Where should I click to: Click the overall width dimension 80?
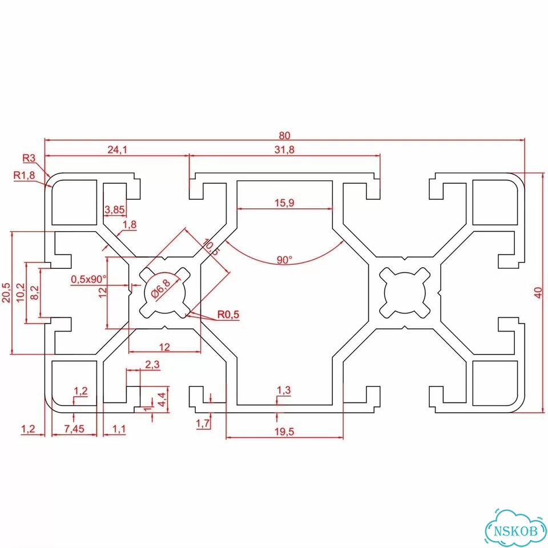(x=284, y=135)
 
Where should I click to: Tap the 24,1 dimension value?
(x=117, y=150)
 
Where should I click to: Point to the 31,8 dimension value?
(x=284, y=150)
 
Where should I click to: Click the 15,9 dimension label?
(x=284, y=203)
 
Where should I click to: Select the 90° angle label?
(x=284, y=260)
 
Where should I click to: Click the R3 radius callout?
(x=29, y=158)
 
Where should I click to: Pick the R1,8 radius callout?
(x=24, y=175)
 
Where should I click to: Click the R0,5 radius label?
(x=228, y=314)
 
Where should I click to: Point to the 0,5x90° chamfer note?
(x=88, y=279)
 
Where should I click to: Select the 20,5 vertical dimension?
(x=7, y=292)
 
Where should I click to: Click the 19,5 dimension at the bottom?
(x=284, y=432)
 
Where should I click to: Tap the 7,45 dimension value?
(x=74, y=429)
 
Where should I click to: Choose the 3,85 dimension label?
(x=115, y=210)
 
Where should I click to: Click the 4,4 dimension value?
(x=163, y=399)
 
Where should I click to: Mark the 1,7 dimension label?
(x=203, y=424)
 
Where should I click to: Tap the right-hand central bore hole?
(x=405, y=293)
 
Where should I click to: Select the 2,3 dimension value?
(x=152, y=365)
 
